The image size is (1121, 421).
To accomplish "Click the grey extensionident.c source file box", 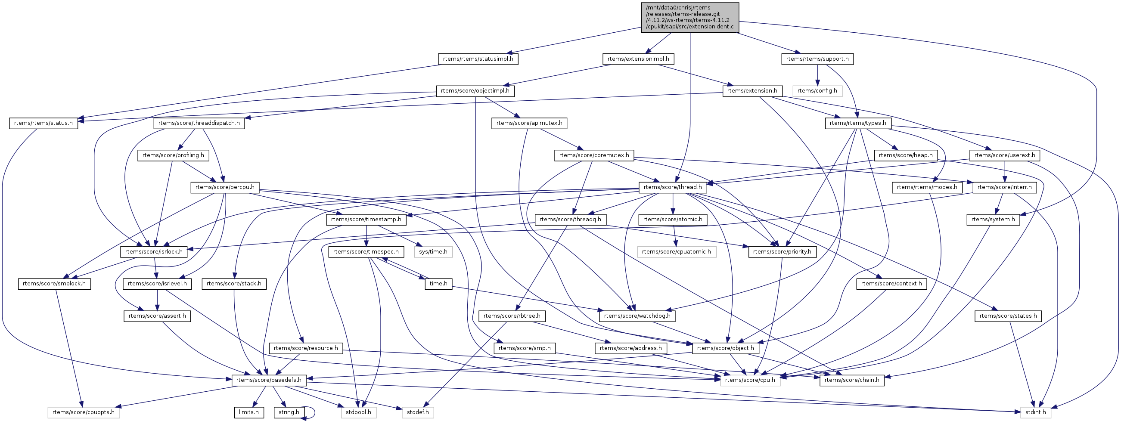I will tap(690, 17).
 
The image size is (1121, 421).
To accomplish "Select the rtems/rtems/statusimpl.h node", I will tap(478, 59).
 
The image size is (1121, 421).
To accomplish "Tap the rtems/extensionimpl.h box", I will tap(638, 59).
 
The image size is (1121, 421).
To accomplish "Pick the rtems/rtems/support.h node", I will tap(817, 59).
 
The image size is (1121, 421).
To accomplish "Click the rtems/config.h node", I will tap(817, 91).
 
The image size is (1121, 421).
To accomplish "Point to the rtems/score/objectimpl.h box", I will tap(475, 91).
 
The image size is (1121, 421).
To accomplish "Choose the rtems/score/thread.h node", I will tap(672, 187).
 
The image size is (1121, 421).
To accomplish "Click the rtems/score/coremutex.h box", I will tap(594, 155).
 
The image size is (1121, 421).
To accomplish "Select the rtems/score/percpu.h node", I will tap(225, 187).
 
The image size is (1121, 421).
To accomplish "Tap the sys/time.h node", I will tap(433, 252).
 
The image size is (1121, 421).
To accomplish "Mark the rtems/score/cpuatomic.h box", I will tap(676, 252).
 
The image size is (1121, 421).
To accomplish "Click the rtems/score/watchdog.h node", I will tap(637, 316).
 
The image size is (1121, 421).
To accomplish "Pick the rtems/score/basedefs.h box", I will tap(269, 380).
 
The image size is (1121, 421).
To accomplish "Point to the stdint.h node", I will tap(1036, 412).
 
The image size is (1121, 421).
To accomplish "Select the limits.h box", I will tap(249, 412).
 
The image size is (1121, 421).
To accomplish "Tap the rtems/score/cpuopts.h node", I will tap(84, 412).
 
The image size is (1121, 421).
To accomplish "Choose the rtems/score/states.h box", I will tap(1008, 316).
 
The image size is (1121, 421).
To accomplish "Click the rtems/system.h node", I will tap(993, 220).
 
